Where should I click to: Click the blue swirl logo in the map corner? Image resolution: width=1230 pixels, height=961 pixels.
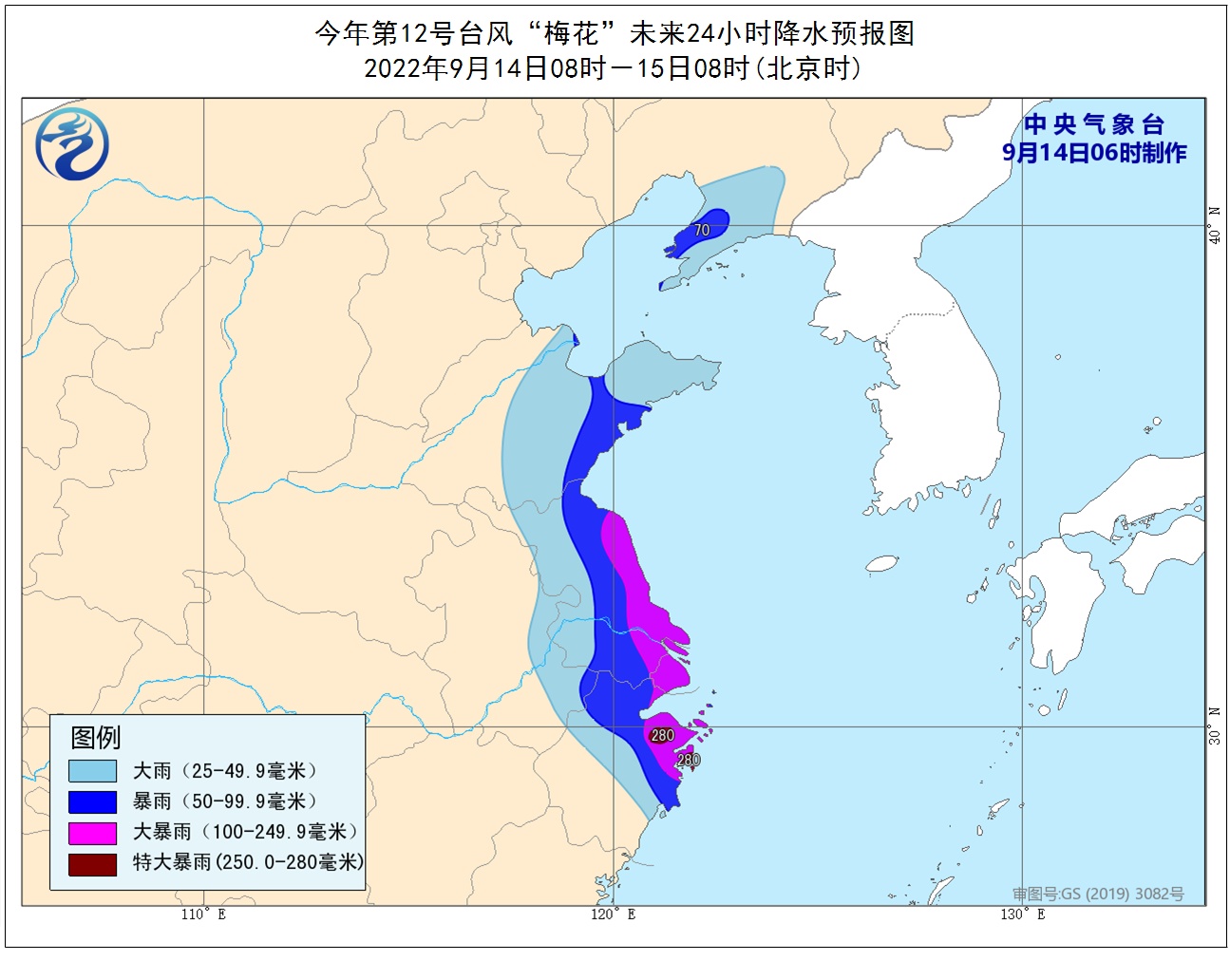click(72, 144)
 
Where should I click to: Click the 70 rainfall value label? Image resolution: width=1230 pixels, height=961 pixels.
click(702, 230)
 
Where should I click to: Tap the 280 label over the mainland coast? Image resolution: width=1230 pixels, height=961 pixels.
click(662, 735)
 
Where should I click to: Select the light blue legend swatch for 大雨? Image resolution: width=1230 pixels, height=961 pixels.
click(92, 771)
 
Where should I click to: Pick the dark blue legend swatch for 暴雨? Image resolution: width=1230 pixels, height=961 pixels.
click(92, 801)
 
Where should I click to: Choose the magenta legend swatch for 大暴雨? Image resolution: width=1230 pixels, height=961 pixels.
click(92, 833)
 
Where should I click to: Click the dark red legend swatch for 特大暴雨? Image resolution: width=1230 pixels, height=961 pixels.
click(92, 863)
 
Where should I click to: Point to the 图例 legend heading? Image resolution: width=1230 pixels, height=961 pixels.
click(96, 737)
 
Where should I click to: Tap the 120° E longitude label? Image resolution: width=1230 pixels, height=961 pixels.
click(613, 914)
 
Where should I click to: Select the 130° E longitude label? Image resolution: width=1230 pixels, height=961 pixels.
click(1022, 914)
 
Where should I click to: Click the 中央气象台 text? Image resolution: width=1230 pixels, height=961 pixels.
click(1094, 124)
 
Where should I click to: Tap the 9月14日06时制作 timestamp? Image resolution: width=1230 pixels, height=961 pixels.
click(1094, 153)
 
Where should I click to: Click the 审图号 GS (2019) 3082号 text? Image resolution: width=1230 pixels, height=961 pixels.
click(1098, 894)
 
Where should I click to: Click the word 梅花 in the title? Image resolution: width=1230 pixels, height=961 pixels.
click(571, 34)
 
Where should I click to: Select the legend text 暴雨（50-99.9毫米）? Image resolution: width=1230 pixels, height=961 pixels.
click(225, 801)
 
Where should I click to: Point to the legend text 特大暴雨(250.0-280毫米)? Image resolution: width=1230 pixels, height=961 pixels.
click(248, 862)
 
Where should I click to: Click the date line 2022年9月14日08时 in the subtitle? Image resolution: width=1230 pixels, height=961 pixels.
click(485, 68)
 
